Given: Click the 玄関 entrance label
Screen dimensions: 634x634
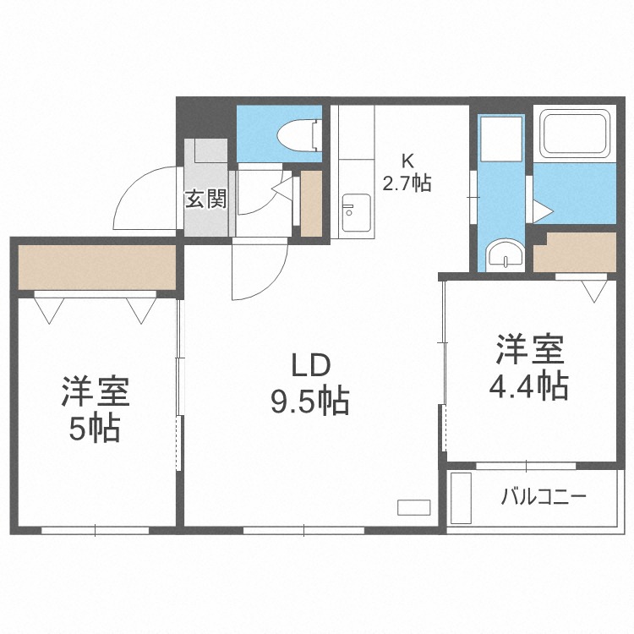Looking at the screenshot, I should coord(205,199).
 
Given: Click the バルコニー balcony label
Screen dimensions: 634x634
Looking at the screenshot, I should coord(544,496).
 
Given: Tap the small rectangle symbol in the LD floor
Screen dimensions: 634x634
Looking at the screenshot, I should coord(414,507).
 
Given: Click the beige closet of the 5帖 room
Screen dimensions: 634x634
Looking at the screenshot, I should coord(96,265).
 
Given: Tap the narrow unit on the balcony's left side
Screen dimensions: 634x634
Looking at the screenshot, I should coord(462,499).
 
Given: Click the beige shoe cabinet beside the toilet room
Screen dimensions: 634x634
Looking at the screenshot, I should coord(311,203).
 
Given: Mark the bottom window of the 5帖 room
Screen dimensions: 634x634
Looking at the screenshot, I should coord(96,530).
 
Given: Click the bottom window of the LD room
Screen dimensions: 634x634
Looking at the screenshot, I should coord(303,530).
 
